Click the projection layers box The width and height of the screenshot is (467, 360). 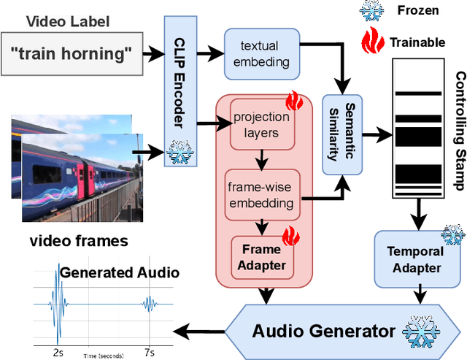pos(260,123)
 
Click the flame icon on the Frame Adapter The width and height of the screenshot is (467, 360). pos(291,237)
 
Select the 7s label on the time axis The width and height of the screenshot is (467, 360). pos(149,352)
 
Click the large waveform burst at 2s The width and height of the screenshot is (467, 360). pos(57,305)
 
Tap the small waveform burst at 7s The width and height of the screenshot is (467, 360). pos(149,305)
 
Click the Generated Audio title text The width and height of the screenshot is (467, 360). pos(119,272)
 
